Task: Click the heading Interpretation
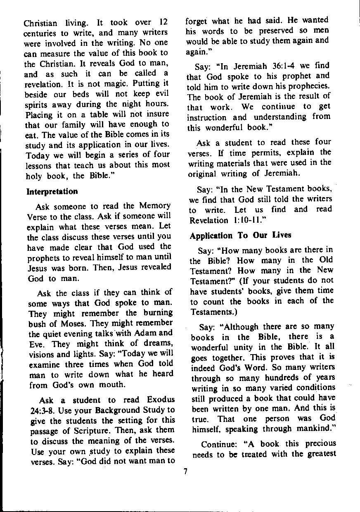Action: (x=52, y=192)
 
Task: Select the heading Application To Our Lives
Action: (x=240, y=235)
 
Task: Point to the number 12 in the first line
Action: (x=163, y=22)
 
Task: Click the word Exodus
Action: (x=160, y=400)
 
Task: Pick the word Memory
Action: (x=155, y=206)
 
